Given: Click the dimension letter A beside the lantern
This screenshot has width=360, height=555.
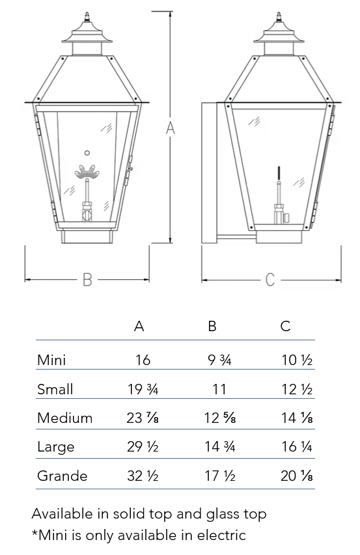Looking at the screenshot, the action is pos(171,128).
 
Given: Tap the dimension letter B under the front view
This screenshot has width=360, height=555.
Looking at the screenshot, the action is pos(87,280).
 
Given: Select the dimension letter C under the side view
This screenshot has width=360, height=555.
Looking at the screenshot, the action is pos(270,280).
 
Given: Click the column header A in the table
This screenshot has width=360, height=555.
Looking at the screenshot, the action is pos(139,326).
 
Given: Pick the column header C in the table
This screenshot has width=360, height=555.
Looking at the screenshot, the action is pos(285,326).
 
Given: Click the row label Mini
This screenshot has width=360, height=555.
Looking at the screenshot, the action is pos(51,360).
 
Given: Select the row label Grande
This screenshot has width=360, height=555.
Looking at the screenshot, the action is pos(62,476).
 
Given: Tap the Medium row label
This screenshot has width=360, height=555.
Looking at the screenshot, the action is pos(65,418).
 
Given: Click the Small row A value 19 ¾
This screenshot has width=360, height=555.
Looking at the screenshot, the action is pos(143,389).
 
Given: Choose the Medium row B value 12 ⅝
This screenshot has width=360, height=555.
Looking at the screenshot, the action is pos(219,418).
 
